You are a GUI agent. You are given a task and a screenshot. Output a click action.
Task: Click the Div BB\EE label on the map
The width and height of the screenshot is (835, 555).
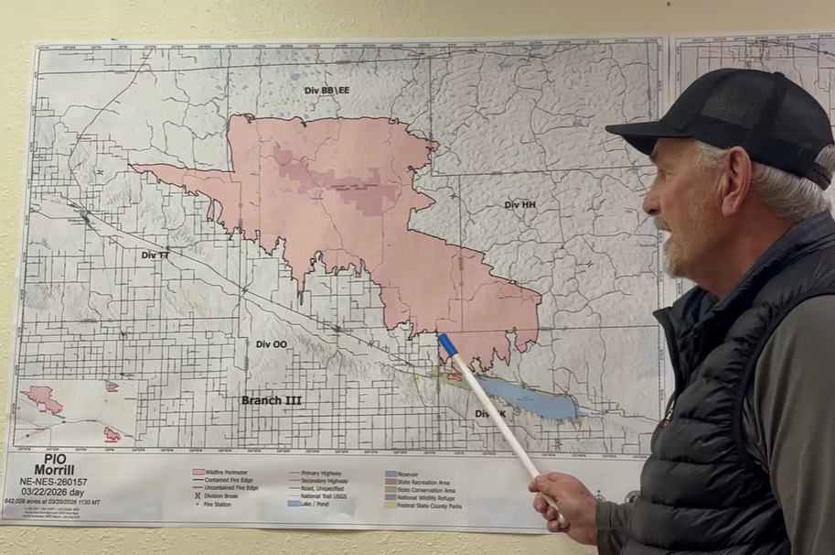(327, 91)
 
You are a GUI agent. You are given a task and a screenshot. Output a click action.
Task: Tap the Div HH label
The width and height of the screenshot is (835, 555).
(519, 205)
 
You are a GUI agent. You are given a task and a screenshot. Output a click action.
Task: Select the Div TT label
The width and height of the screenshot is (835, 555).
(155, 255)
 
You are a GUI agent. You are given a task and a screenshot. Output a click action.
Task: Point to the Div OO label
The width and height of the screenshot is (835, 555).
(271, 344)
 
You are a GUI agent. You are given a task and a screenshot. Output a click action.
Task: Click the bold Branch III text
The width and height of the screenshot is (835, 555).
(272, 400)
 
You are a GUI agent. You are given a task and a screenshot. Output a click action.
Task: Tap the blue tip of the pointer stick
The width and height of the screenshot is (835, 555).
(447, 344)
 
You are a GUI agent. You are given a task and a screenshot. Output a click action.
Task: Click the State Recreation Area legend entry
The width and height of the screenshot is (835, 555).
(425, 481)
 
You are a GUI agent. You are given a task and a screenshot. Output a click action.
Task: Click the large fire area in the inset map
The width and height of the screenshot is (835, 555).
(42, 399)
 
